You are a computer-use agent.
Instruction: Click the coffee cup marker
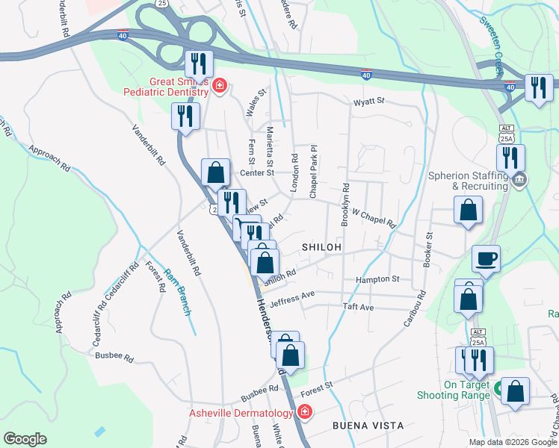(486, 258)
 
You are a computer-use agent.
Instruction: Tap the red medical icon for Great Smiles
(219, 86)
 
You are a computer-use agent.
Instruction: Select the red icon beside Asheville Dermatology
(303, 411)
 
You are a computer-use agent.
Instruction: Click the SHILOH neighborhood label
(321, 246)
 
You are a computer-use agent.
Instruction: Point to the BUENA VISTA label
(368, 426)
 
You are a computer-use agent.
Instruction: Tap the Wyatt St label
(368, 101)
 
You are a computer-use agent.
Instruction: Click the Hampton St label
(377, 279)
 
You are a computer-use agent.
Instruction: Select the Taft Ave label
(357, 307)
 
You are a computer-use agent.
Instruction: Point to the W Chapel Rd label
(374, 219)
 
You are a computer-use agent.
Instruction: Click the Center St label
(258, 172)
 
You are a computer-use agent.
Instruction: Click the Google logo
(25, 439)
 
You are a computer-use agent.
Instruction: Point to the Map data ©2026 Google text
(513, 442)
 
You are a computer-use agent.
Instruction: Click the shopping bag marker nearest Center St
(215, 172)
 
